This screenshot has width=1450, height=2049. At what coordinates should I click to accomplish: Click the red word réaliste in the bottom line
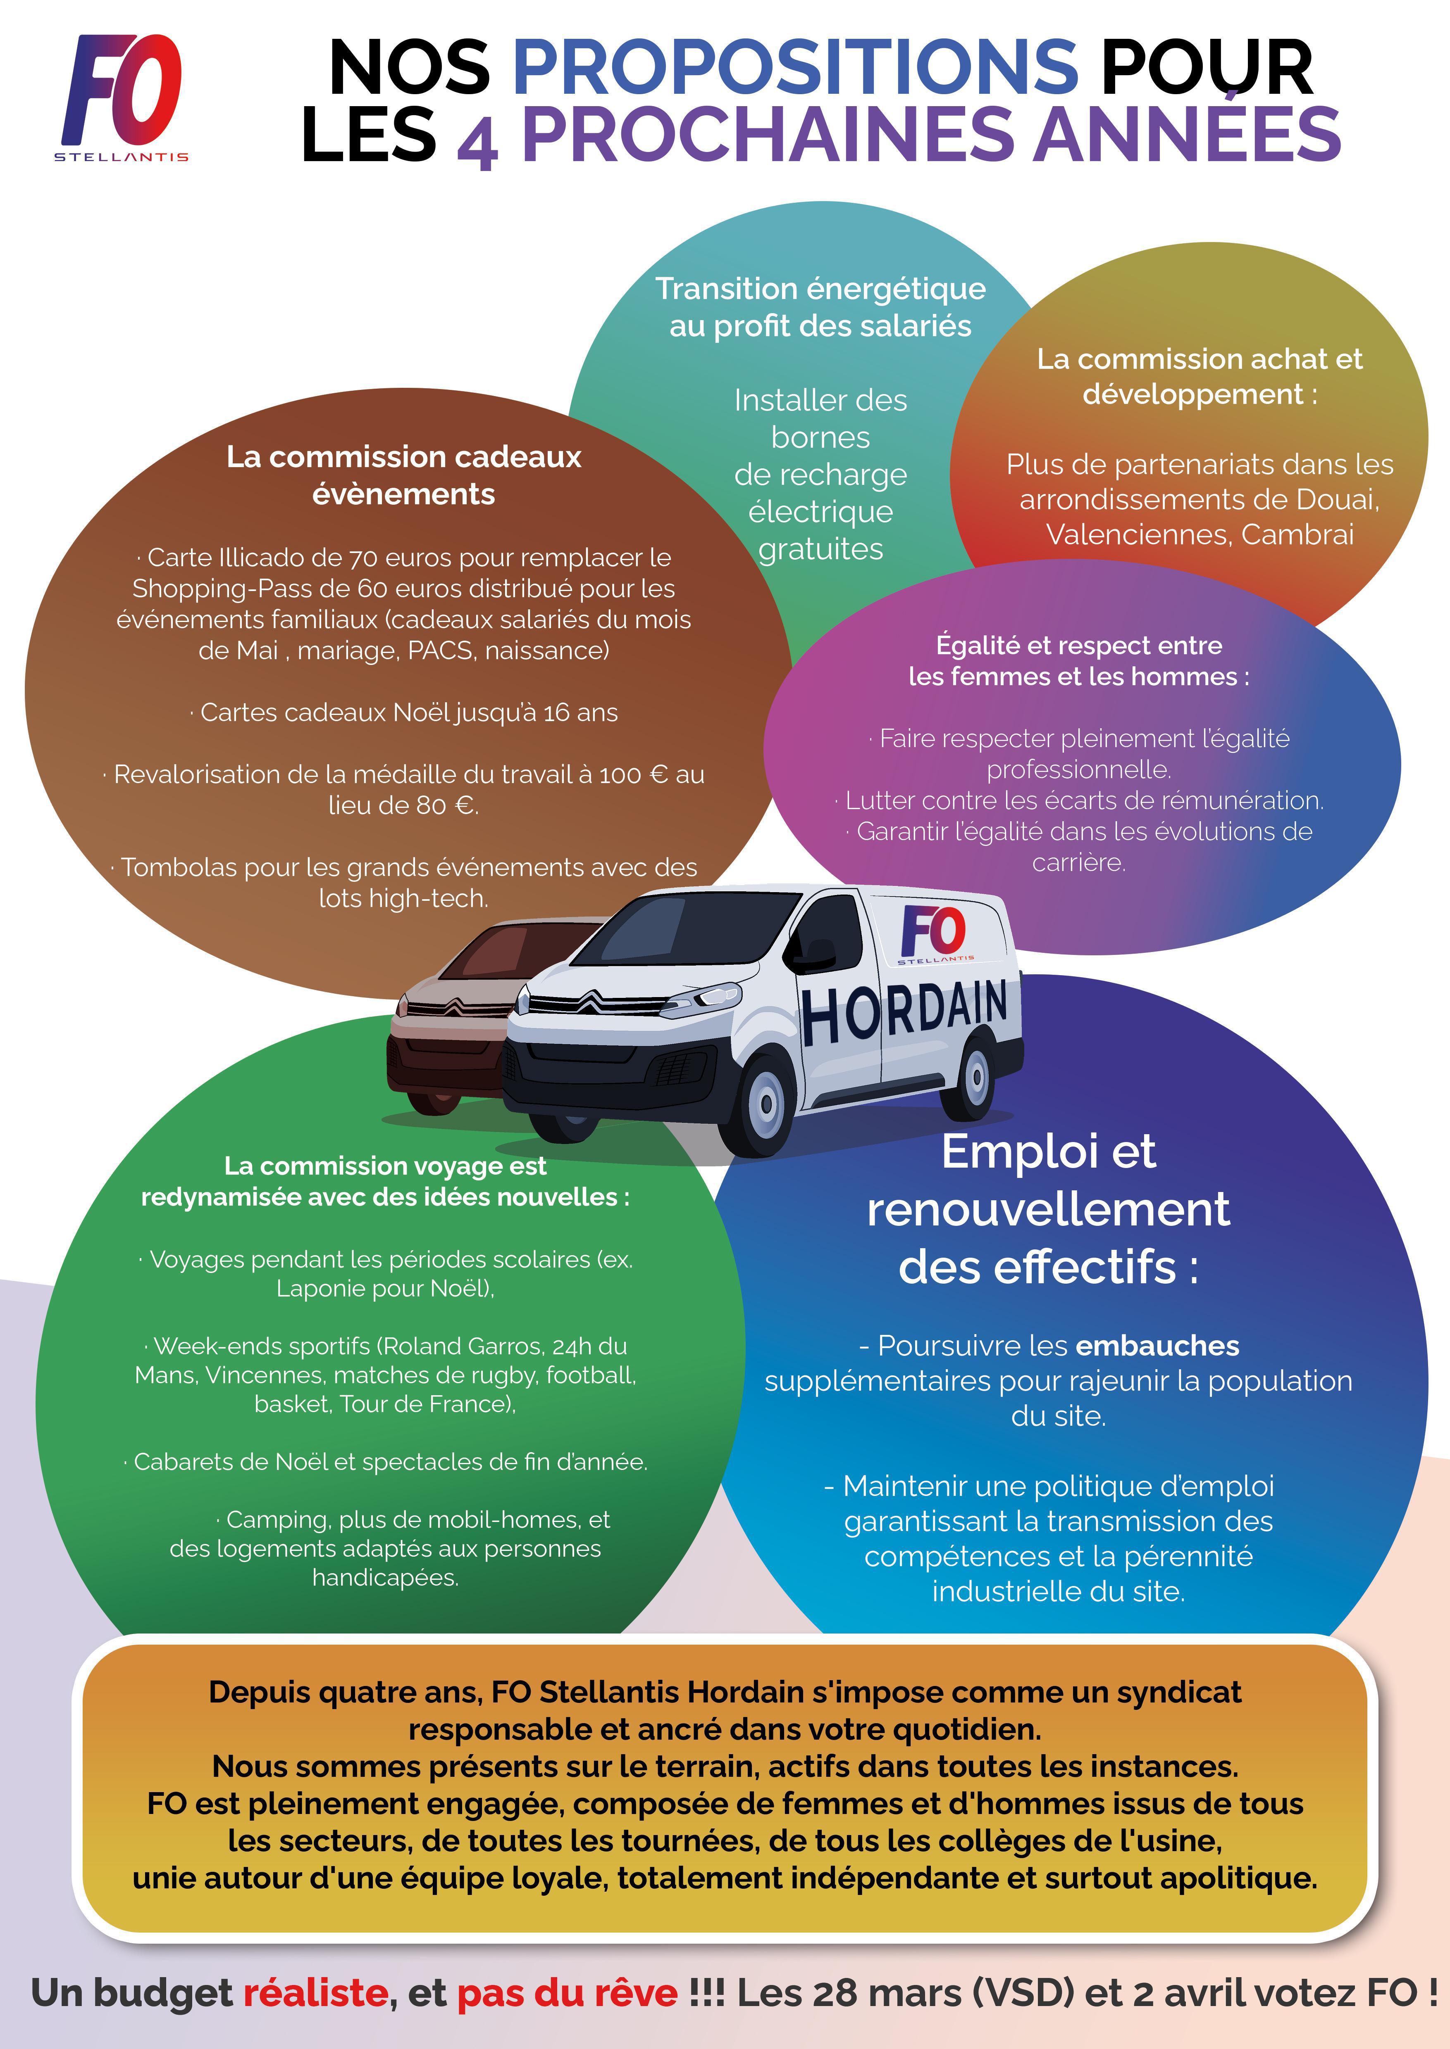click(x=315, y=1993)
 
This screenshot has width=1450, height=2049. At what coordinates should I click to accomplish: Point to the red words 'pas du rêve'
click(x=567, y=1993)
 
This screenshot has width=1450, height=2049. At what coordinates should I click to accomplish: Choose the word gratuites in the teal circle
click(x=820, y=549)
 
